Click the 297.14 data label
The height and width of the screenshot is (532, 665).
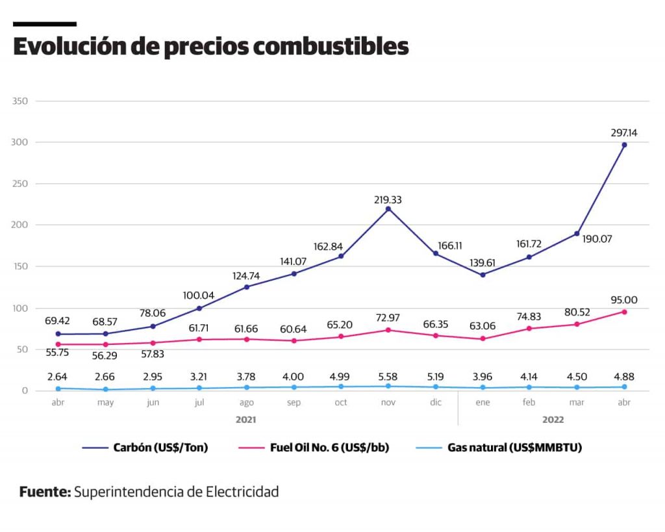pyautogui.click(x=624, y=133)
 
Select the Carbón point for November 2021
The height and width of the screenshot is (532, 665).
pyautogui.click(x=388, y=209)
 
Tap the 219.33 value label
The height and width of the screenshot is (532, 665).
pyautogui.click(x=388, y=199)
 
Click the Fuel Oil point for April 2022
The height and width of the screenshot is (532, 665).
pyautogui.click(x=624, y=312)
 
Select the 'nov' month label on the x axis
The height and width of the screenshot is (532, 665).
pyautogui.click(x=388, y=403)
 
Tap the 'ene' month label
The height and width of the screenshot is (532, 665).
pyautogui.click(x=483, y=403)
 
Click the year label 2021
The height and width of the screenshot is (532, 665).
pyautogui.click(x=246, y=420)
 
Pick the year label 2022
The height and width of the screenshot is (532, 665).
pyautogui.click(x=553, y=420)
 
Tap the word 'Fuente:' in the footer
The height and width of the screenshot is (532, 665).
pyautogui.click(x=45, y=492)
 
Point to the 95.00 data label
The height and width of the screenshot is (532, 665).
pyautogui.click(x=624, y=300)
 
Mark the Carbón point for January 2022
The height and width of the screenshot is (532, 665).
pyautogui.click(x=483, y=275)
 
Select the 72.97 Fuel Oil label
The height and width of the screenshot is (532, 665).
pyautogui.click(x=388, y=318)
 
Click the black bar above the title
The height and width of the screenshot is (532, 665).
pyautogui.click(x=45, y=24)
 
